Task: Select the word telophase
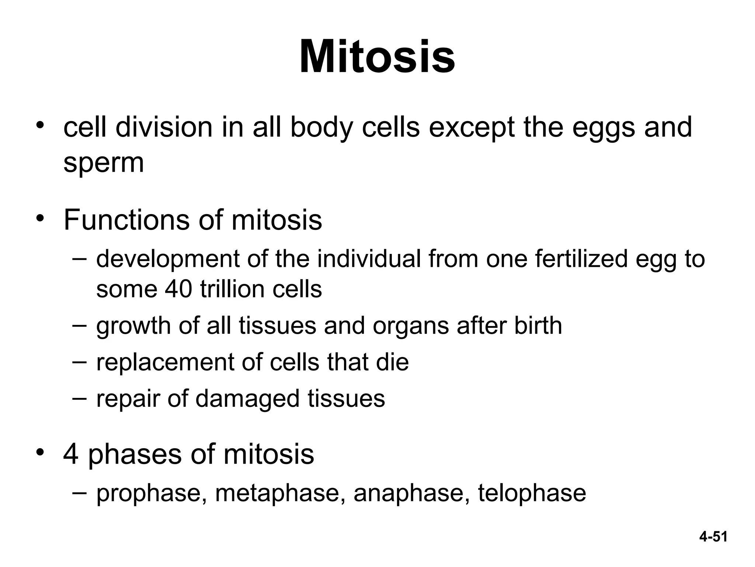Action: pyautogui.click(x=532, y=494)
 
